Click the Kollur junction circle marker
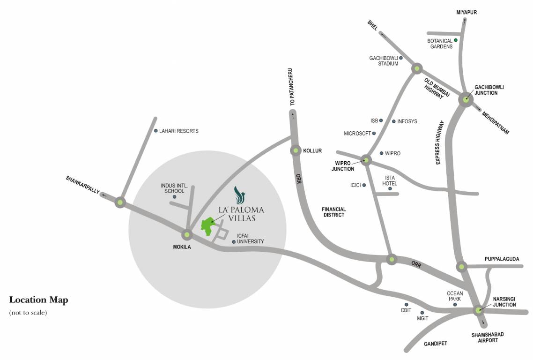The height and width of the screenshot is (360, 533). (x=296, y=150)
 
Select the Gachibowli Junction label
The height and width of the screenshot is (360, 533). (x=489, y=90)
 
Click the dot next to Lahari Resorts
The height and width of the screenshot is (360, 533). (x=156, y=131)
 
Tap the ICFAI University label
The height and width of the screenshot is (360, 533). (x=250, y=239)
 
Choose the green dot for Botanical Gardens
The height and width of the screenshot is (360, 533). (x=456, y=40)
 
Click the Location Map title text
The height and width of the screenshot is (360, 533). (x=39, y=300)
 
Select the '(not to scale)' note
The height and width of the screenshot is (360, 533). (x=28, y=312)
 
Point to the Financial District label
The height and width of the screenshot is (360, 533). (x=333, y=212)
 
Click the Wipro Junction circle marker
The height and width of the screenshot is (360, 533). (x=366, y=160)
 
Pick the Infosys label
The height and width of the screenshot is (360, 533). (x=407, y=121)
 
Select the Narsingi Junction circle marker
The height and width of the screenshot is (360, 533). (x=478, y=310)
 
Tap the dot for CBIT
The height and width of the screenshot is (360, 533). (x=407, y=305)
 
